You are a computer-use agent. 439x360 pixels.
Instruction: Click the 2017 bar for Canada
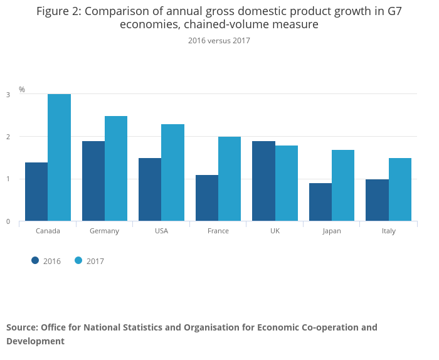tap(59, 157)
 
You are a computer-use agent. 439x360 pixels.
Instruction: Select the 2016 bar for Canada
tap(36, 191)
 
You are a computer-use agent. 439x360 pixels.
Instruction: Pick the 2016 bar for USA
tap(150, 189)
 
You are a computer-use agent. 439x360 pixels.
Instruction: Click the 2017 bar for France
tap(230, 179)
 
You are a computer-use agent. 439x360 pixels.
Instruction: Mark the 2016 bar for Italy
tap(377, 200)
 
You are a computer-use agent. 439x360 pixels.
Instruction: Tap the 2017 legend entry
tap(89, 261)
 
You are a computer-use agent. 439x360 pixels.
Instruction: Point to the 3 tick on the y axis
tap(8, 95)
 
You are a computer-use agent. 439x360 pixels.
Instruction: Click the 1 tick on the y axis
tap(8, 179)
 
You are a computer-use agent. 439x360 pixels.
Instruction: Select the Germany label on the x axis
tap(104, 231)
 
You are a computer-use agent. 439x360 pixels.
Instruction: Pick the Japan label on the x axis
tap(332, 231)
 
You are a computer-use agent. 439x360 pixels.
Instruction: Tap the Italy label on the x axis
tap(389, 231)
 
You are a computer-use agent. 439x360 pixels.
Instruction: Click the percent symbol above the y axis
tap(22, 90)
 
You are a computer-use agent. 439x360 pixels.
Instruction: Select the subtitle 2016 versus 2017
tap(219, 41)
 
